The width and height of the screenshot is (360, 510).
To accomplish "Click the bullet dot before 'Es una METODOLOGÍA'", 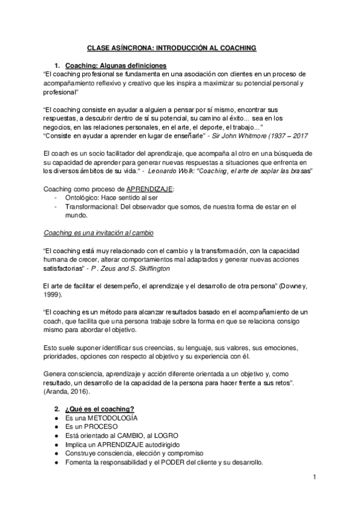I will click(x=56, y=417).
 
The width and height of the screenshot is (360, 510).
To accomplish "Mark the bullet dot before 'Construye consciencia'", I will click(x=56, y=453).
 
